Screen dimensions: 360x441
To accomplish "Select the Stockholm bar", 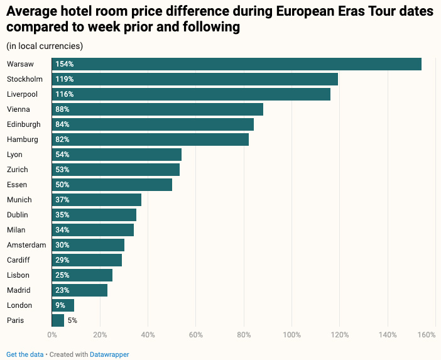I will (x=195, y=79).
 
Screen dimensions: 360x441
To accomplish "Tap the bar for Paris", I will (x=58, y=320).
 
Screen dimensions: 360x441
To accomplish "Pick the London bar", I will (x=63, y=305).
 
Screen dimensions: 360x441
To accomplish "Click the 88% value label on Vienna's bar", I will (x=62, y=109).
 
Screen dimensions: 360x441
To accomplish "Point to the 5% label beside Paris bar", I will (x=72, y=320).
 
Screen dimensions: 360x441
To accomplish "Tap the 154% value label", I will (x=64, y=64).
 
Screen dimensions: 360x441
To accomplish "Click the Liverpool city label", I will (x=22, y=94).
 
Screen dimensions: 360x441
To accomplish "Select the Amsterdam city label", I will (x=26, y=245).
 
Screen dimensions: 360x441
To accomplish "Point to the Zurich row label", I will (x=18, y=170).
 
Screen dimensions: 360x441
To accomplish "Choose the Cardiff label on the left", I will (x=18, y=260).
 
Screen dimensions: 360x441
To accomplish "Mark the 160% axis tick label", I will (x=427, y=335).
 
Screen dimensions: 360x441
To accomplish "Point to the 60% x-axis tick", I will (x=196, y=335).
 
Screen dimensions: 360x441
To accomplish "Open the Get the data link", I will (x=25, y=354).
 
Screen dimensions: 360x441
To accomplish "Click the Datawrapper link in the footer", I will (x=109, y=354).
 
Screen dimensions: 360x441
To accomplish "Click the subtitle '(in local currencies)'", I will (x=45, y=46).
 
